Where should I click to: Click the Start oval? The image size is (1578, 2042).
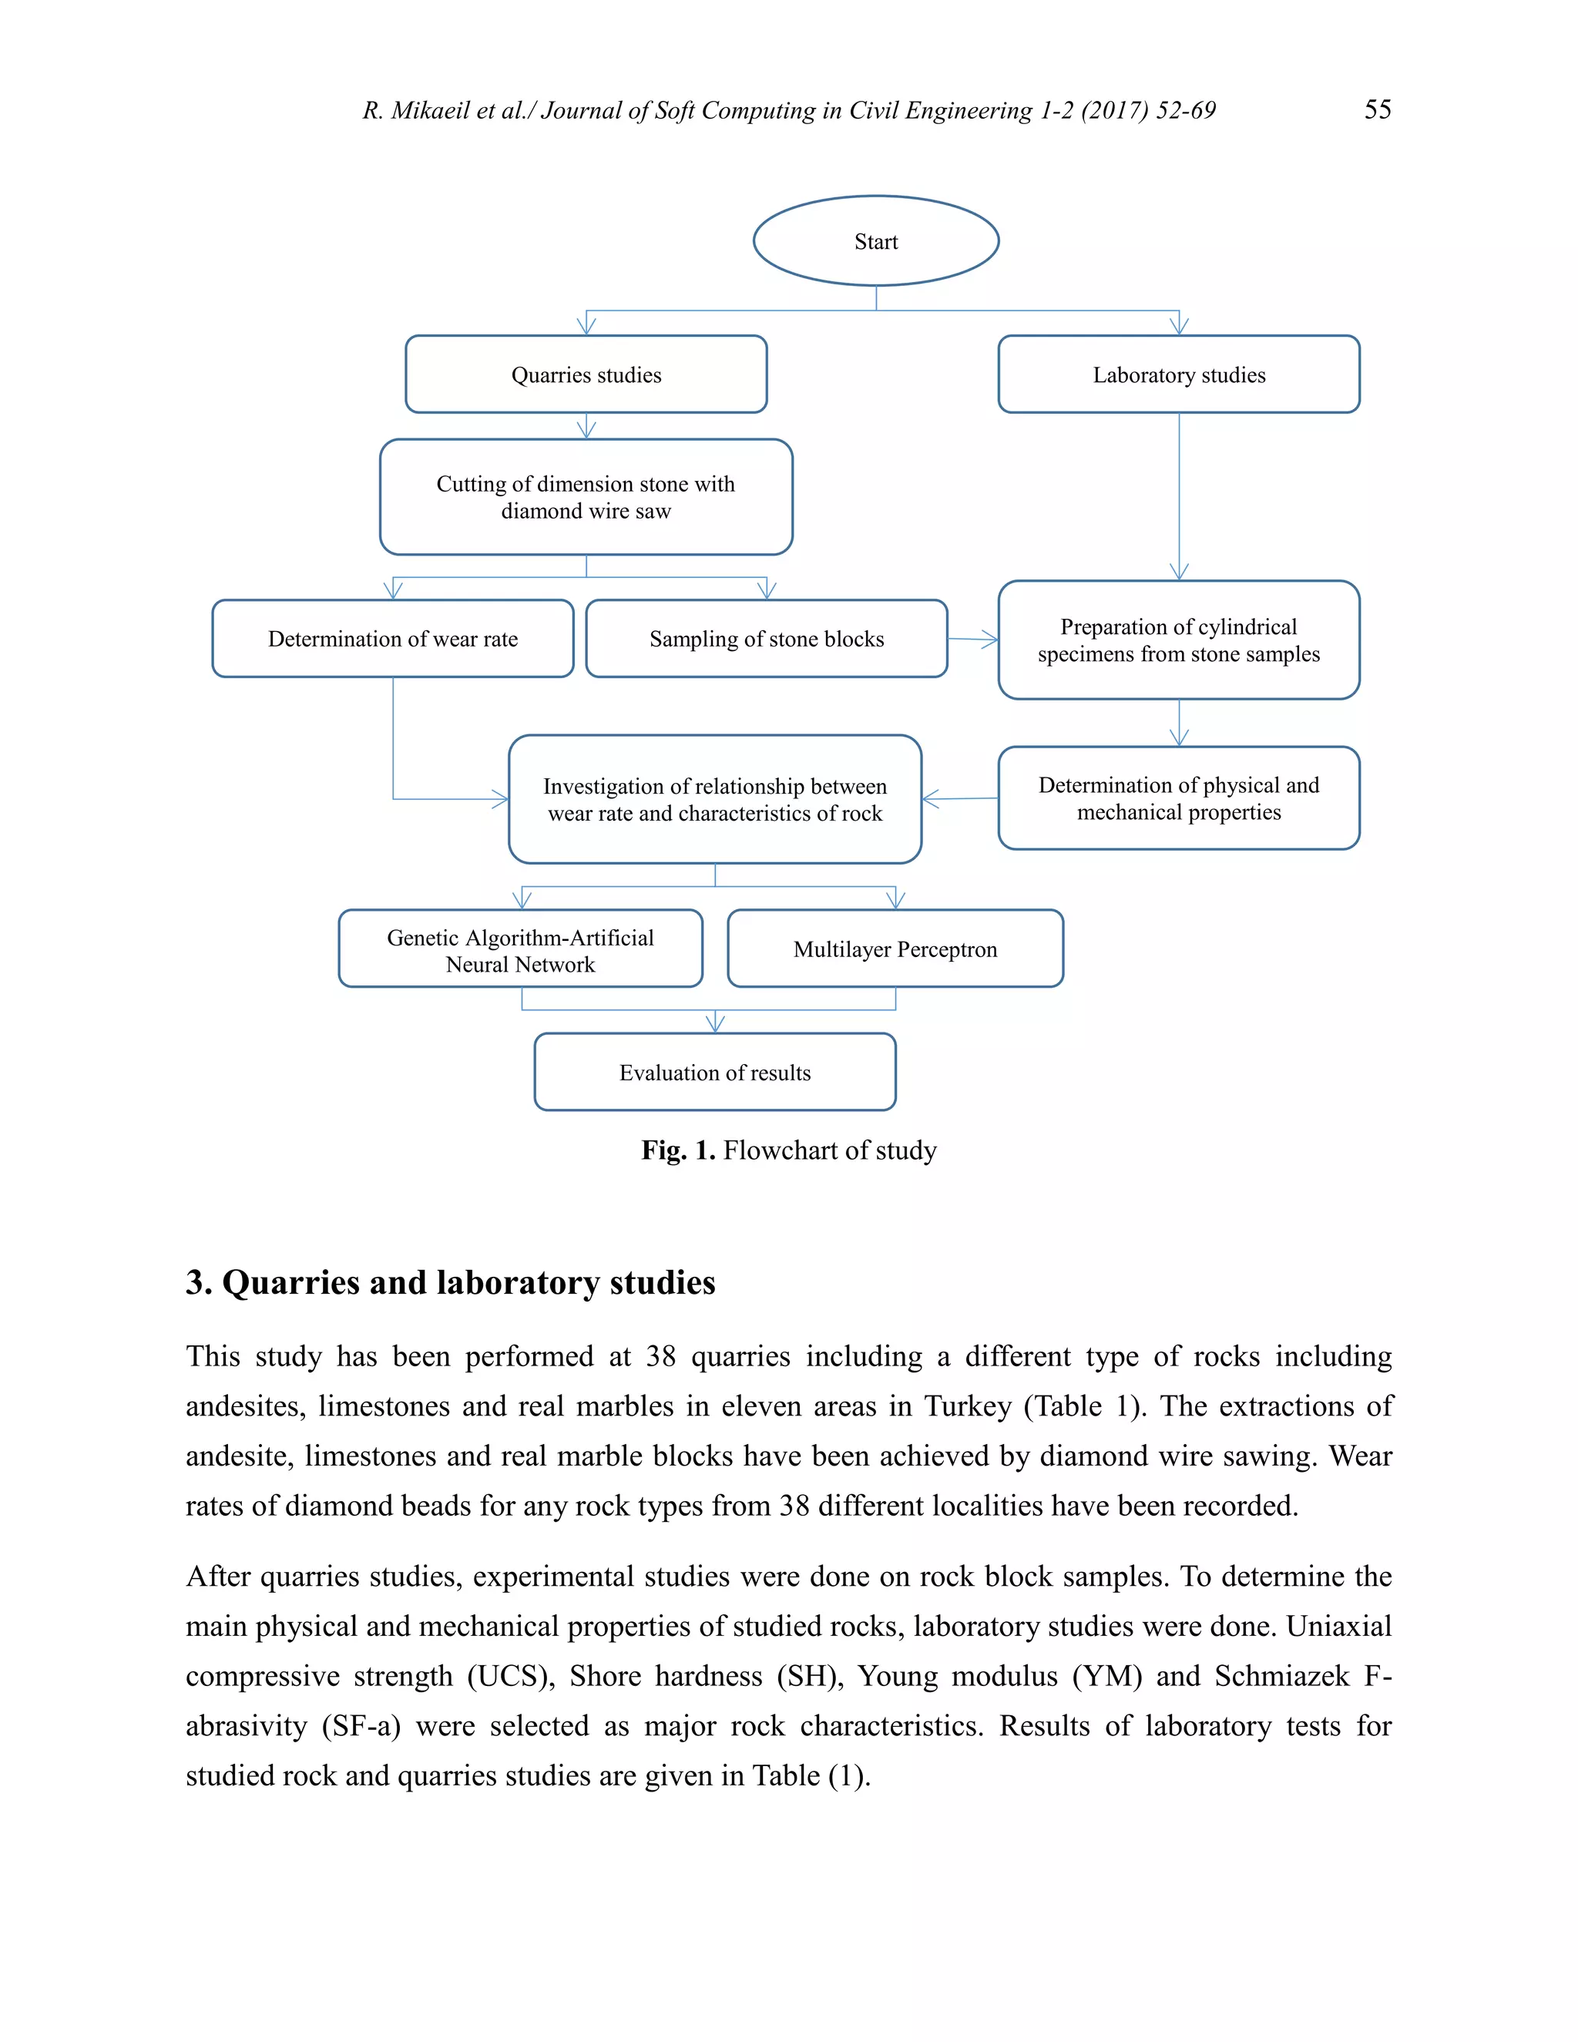pos(876,241)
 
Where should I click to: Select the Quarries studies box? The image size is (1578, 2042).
pos(586,374)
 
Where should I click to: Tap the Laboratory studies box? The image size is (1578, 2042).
pos(1179,374)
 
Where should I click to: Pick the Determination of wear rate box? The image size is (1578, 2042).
pos(393,639)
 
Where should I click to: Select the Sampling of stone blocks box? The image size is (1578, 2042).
pos(767,639)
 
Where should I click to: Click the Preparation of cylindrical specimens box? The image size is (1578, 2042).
pos(1179,640)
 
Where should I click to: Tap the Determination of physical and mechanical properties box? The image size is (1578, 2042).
pos(1179,798)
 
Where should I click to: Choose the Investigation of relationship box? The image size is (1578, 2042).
pos(715,798)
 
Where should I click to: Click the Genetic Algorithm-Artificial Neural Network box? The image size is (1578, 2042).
pos(521,949)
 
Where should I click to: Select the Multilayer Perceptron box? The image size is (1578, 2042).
pos(895,949)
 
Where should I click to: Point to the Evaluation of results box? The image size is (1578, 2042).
pos(715,1073)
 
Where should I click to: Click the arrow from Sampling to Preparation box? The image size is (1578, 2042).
pos(973,640)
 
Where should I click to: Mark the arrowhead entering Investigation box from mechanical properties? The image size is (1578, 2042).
pos(928,798)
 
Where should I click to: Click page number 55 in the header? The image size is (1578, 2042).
pos(1377,109)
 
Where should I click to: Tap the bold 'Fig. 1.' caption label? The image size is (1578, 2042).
pos(678,1150)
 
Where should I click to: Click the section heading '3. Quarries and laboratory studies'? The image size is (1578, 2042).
pos(451,1282)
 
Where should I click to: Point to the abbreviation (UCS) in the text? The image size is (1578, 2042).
pos(510,1677)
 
